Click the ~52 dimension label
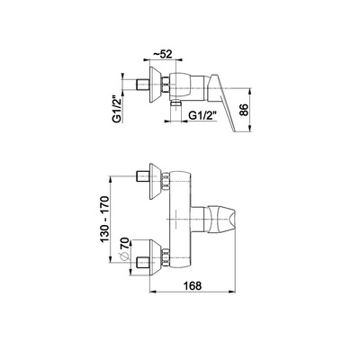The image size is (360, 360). click(163, 54)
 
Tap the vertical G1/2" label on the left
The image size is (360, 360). click(118, 109)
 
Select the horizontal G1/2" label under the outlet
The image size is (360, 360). click(202, 115)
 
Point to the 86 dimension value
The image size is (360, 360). click(245, 110)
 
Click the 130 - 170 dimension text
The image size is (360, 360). click(104, 220)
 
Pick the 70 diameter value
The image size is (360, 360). click(124, 244)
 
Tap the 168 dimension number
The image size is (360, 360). click(192, 285)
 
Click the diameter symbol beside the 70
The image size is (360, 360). click(124, 256)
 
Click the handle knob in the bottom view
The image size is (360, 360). click(221, 220)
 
